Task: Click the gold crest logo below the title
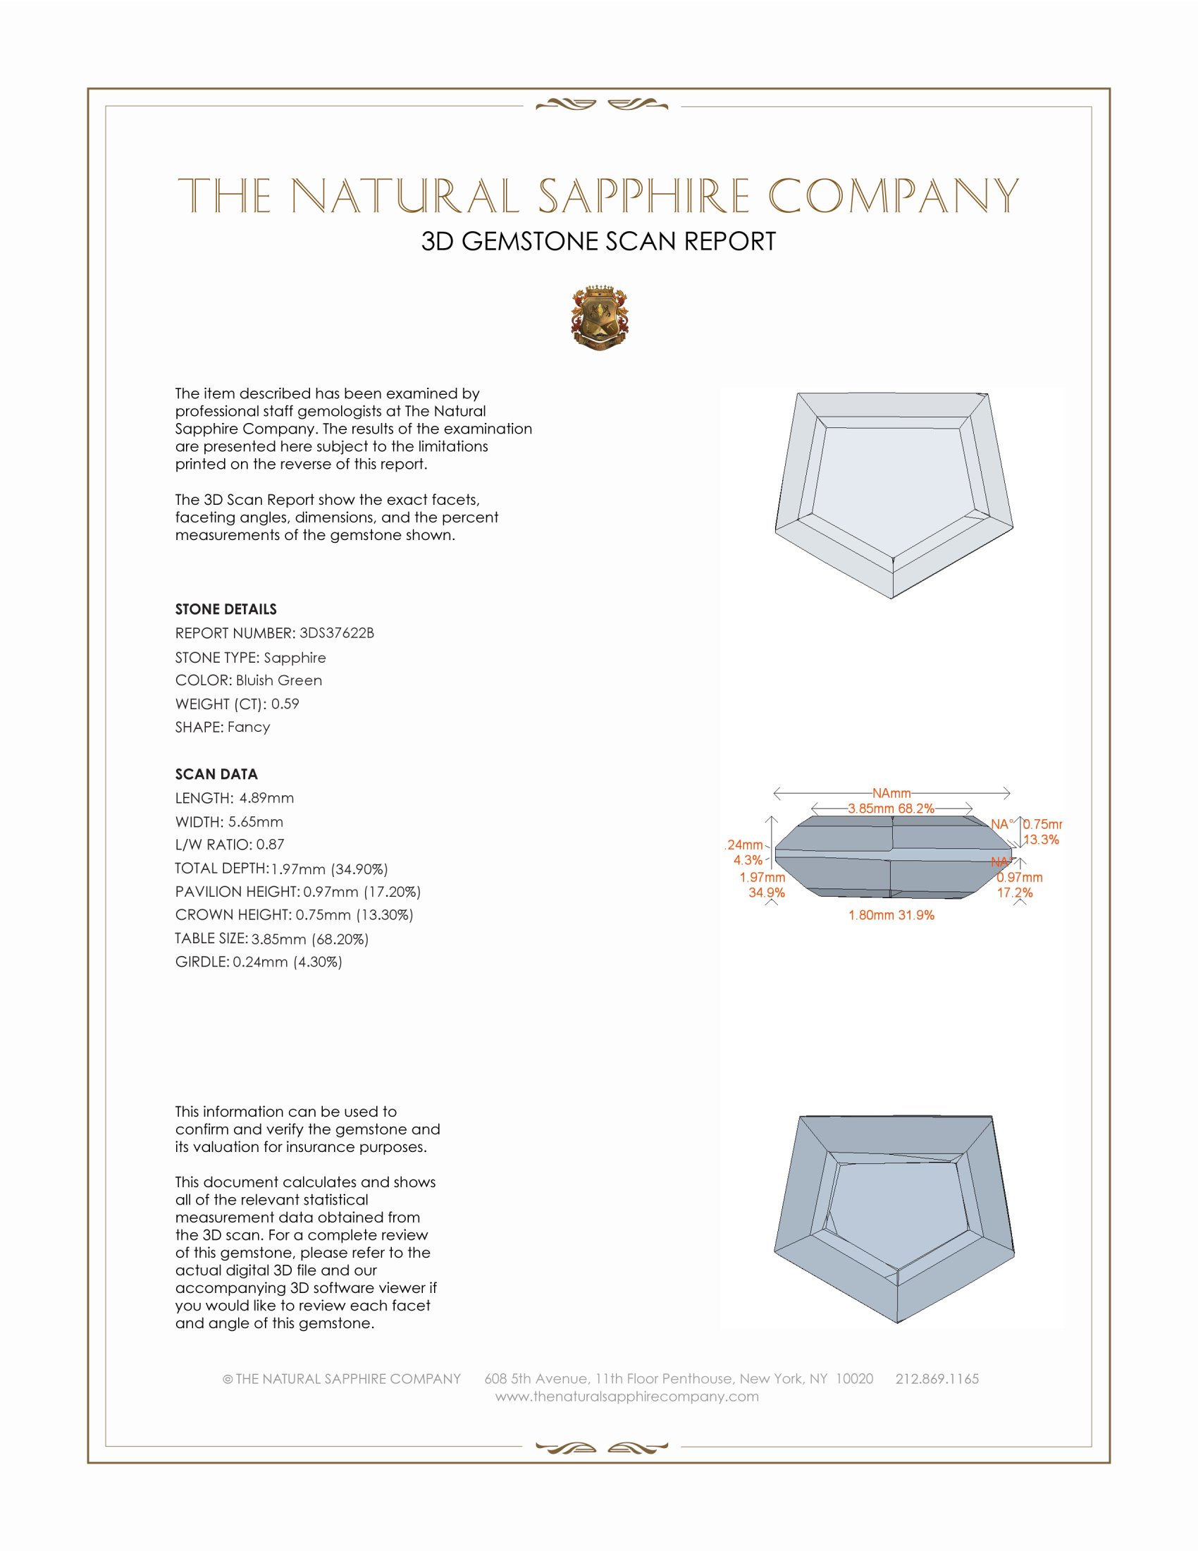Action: (600, 319)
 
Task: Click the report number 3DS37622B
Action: (336, 633)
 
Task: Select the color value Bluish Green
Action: (279, 680)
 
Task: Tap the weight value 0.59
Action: (285, 704)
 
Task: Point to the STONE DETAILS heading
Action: (226, 609)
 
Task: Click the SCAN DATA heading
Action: (216, 774)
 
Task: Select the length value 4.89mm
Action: (266, 798)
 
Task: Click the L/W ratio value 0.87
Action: (271, 845)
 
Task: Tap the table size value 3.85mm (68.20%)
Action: (310, 939)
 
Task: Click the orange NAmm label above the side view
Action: (891, 792)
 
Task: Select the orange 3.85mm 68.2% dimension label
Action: (891, 808)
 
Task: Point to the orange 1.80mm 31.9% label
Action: (891, 915)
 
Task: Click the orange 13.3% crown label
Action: (1041, 840)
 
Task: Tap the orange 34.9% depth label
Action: (767, 893)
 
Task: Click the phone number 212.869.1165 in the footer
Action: (937, 1378)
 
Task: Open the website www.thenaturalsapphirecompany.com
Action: (626, 1396)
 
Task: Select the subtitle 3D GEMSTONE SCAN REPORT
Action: (598, 241)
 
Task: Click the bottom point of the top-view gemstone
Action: (892, 598)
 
